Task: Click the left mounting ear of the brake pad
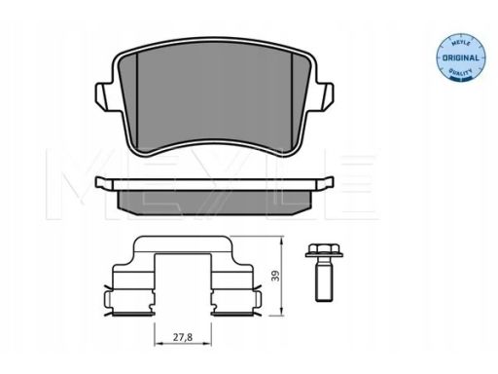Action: point(102,96)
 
